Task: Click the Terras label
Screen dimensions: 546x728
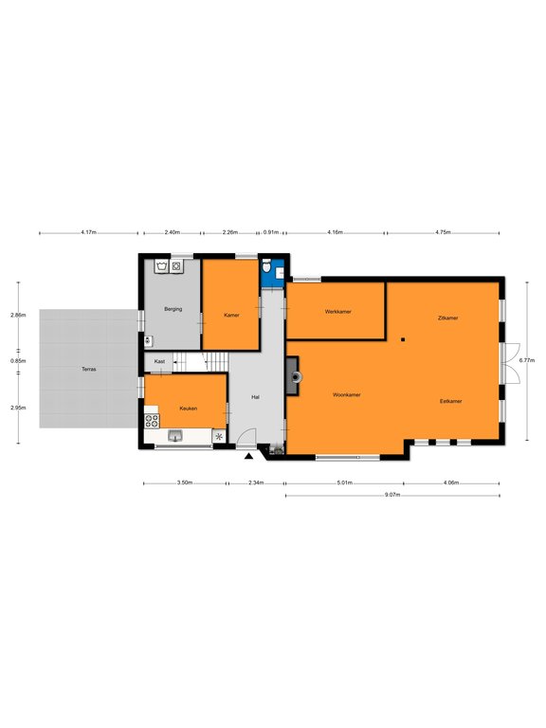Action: (89, 369)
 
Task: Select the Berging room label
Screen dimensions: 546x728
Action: (173, 309)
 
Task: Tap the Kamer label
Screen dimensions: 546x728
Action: (231, 315)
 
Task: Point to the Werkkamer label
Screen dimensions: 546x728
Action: (338, 312)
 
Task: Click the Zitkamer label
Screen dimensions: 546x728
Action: (448, 318)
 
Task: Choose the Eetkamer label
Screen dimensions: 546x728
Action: (451, 401)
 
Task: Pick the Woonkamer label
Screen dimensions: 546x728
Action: (347, 394)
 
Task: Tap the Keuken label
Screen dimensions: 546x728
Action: (188, 409)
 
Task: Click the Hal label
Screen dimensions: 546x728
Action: (255, 397)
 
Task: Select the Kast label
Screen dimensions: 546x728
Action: (159, 361)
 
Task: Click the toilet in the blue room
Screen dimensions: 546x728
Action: (266, 267)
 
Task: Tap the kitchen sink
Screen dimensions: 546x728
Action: (175, 435)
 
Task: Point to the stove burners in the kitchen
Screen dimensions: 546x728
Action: (152, 421)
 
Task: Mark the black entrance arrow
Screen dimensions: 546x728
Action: (249, 456)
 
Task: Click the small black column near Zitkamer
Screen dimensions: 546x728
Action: (403, 339)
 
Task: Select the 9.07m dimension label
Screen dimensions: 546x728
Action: (392, 495)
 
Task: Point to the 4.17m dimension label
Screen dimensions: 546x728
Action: (88, 232)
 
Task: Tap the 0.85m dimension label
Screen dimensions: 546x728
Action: (18, 361)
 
